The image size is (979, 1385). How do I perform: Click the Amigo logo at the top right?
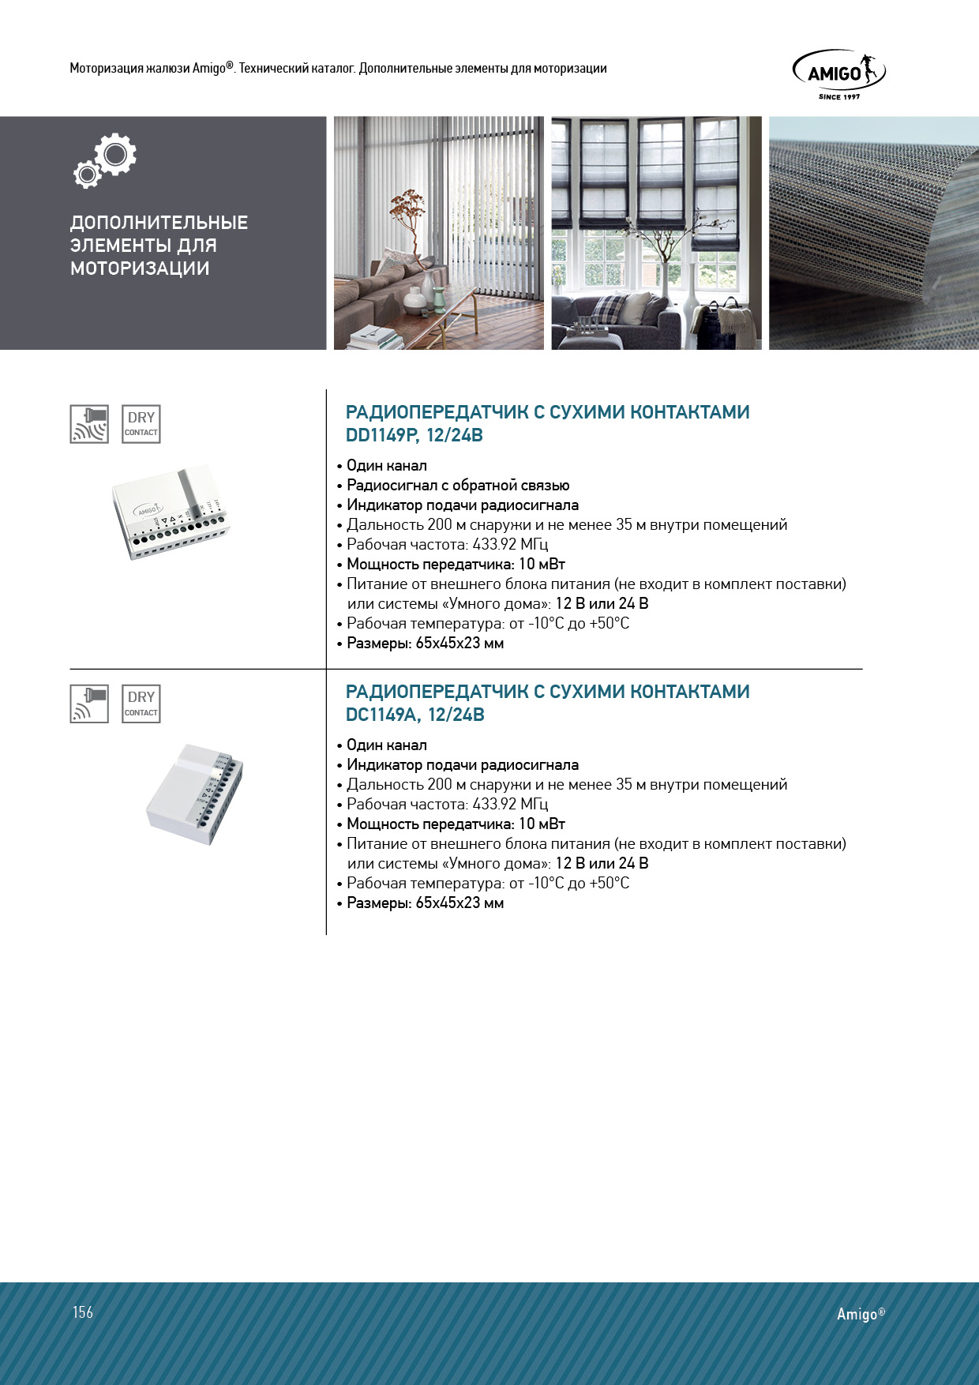pyautogui.click(x=838, y=73)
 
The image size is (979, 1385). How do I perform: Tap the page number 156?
pyautogui.click(x=83, y=1312)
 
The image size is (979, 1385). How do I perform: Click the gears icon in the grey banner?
pyautogui.click(x=106, y=160)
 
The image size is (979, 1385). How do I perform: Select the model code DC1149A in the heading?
pyautogui.click(x=380, y=715)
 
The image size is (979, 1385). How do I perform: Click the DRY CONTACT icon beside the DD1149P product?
pyautogui.click(x=141, y=424)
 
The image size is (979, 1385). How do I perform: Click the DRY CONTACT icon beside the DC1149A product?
pyautogui.click(x=141, y=704)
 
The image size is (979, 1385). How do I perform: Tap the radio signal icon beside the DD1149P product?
pyautogui.click(x=89, y=424)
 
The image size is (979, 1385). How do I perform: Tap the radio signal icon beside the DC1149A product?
pyautogui.click(x=89, y=704)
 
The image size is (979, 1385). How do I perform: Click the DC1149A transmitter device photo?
pyautogui.click(x=194, y=794)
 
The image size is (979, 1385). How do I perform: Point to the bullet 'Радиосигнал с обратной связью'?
pyautogui.click(x=458, y=486)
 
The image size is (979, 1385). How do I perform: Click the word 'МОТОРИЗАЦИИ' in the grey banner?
pyautogui.click(x=140, y=268)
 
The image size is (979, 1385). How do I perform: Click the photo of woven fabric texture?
pyautogui.click(x=873, y=233)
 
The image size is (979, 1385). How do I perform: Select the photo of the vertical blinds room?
pyautogui.click(x=438, y=233)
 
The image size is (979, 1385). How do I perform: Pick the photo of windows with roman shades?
pyautogui.click(x=656, y=233)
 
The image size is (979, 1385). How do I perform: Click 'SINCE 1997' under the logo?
pyautogui.click(x=839, y=97)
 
